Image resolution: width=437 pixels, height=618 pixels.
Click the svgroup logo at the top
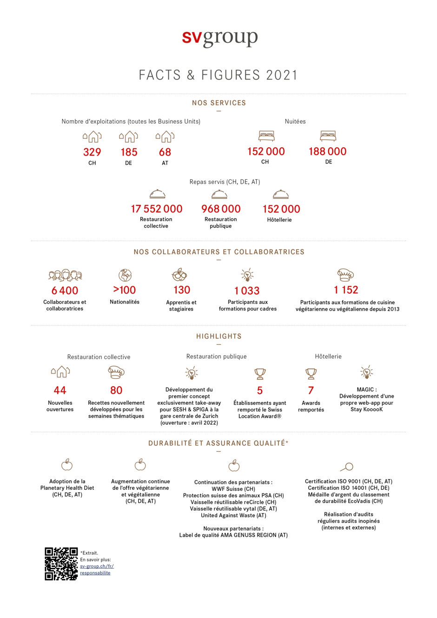click(x=220, y=39)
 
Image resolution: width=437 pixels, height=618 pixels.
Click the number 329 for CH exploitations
click(x=92, y=152)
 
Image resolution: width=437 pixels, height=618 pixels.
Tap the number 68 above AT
click(x=165, y=152)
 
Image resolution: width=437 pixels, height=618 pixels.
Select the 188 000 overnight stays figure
click(x=327, y=151)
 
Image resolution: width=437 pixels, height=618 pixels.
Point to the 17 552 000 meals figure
click(x=157, y=209)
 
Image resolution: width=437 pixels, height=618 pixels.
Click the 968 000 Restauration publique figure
click(x=221, y=209)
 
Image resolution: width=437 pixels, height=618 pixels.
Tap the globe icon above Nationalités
click(x=125, y=275)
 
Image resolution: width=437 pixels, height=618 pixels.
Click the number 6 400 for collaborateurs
click(x=65, y=290)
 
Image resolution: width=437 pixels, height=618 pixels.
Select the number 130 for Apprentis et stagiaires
click(x=182, y=290)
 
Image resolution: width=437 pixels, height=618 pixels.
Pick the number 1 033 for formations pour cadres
click(x=247, y=290)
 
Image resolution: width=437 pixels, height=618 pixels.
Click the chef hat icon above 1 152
click(x=345, y=275)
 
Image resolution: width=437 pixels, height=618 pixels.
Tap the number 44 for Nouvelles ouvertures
click(x=60, y=390)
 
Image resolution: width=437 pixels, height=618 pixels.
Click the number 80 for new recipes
click(x=116, y=390)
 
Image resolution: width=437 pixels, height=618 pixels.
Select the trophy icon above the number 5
click(x=260, y=374)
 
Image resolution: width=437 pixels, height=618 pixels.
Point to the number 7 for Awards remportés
click(x=311, y=390)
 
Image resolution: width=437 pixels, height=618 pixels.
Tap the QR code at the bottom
click(x=61, y=564)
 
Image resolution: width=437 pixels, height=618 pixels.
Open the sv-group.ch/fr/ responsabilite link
click(x=97, y=570)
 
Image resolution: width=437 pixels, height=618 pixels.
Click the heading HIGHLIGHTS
click(x=219, y=336)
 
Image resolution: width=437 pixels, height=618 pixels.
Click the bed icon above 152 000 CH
click(x=266, y=136)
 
